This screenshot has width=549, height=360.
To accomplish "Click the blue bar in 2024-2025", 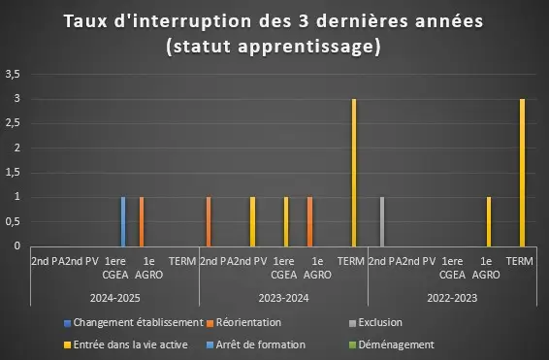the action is pos(123,221).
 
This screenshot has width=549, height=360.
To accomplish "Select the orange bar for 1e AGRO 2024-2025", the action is pos(142,221).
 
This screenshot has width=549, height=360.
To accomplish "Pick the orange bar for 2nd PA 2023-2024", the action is pos(209,221).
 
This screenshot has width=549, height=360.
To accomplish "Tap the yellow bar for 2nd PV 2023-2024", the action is pos(252,221).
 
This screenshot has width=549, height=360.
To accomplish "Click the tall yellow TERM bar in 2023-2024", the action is pos(354,173).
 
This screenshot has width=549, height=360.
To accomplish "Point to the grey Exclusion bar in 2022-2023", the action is pos(382,221).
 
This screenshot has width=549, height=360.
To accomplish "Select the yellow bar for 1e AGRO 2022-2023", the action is pos(489,221).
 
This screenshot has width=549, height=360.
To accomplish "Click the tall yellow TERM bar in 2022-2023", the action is pos(523,173).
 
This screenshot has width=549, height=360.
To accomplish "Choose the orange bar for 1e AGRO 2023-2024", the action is pos(309,221).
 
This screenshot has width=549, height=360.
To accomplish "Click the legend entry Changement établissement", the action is pos(134,322).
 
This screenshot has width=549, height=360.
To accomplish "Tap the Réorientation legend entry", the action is pos(244,322).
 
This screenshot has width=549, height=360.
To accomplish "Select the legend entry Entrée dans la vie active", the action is pos(126,344).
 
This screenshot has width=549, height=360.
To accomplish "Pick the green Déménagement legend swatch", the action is pos(352,345).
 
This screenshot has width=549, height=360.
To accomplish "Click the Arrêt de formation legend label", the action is pos(261,344).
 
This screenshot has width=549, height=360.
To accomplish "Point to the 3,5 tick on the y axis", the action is pos(13,75).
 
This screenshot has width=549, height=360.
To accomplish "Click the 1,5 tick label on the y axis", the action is pos(13,173).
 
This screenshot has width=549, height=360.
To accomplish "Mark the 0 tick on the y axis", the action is pos(17,246).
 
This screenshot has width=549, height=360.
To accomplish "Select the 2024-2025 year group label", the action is pos(114,298).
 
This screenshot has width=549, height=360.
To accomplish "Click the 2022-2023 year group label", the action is pos(452,298).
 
